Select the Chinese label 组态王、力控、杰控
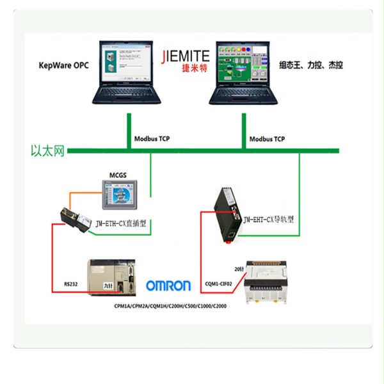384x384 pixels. (311, 65)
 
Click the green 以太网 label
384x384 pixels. (48, 151)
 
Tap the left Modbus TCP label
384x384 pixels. (152, 139)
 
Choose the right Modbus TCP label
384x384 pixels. (267, 139)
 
